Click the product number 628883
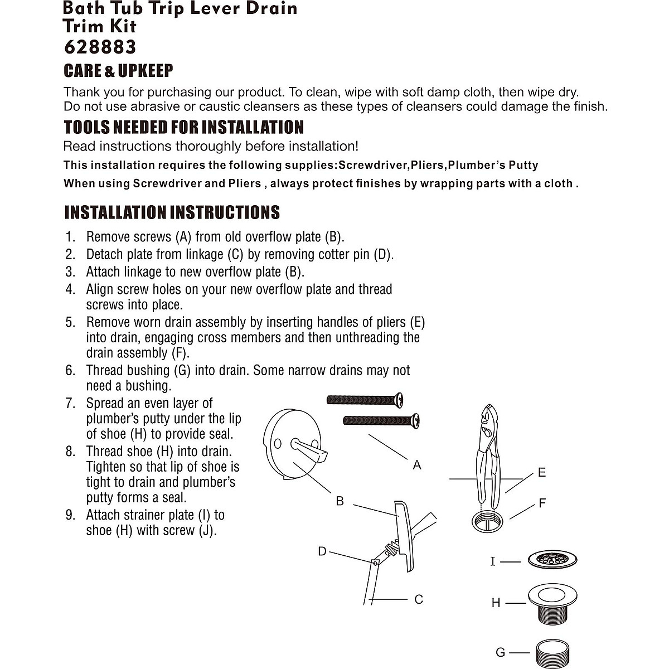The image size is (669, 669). tap(100, 47)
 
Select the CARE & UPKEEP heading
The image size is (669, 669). tap(118, 71)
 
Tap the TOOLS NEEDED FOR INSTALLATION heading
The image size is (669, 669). tap(183, 127)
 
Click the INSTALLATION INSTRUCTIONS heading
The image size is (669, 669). tap(172, 212)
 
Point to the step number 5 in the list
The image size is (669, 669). tap(70, 322)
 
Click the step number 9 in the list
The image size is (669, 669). tap(70, 515)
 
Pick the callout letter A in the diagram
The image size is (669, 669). tap(416, 464)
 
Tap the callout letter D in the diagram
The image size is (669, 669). tap(322, 551)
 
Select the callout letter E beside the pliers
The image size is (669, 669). tap(541, 473)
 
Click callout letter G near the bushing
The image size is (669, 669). tap(500, 652)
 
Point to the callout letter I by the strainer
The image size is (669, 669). tap(492, 561)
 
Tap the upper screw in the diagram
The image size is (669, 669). tap(365, 399)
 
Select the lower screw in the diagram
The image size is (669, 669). tap(381, 420)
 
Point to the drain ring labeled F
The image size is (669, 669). tap(491, 521)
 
